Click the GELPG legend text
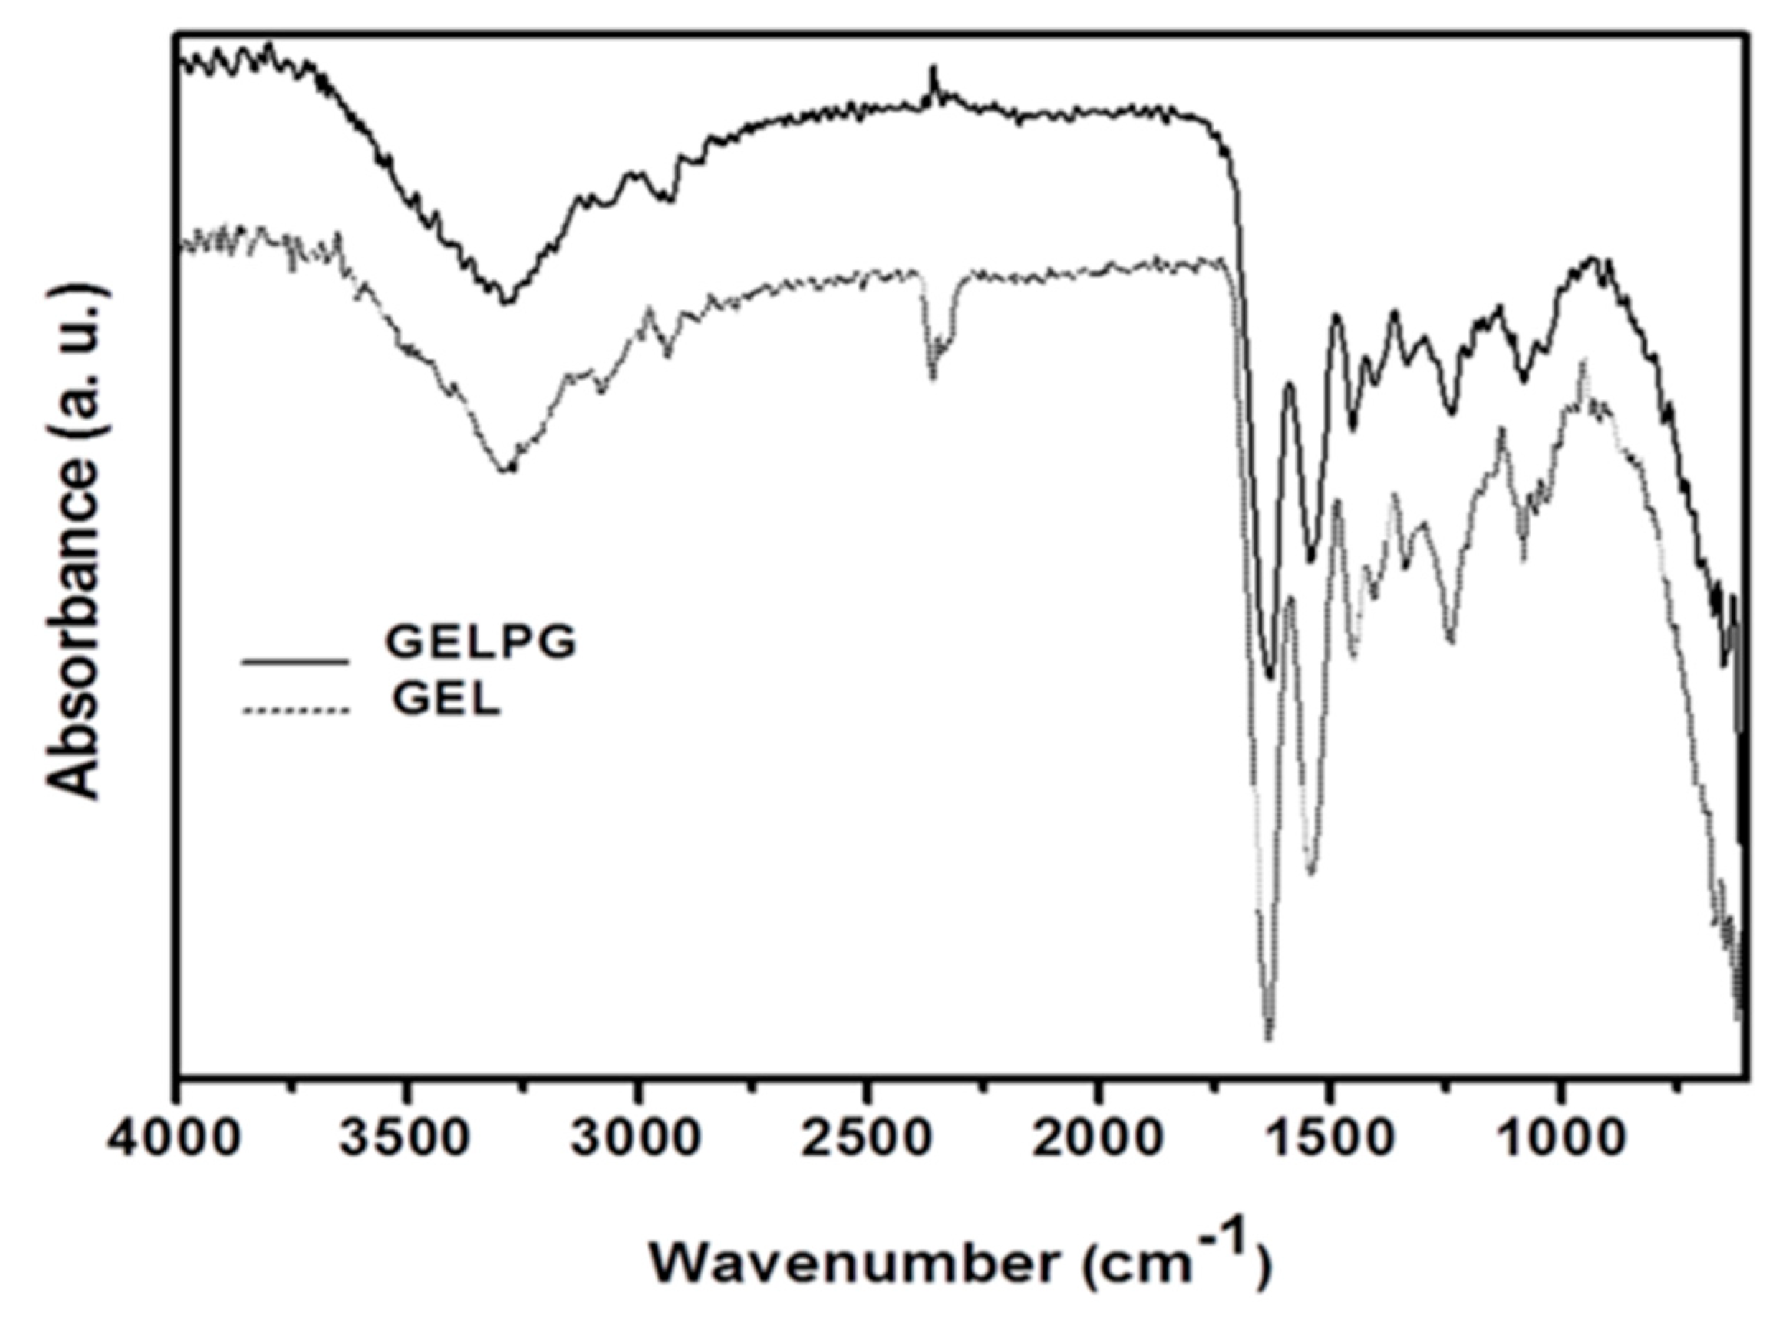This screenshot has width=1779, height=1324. (x=481, y=642)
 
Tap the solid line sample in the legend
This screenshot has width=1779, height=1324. (x=296, y=662)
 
